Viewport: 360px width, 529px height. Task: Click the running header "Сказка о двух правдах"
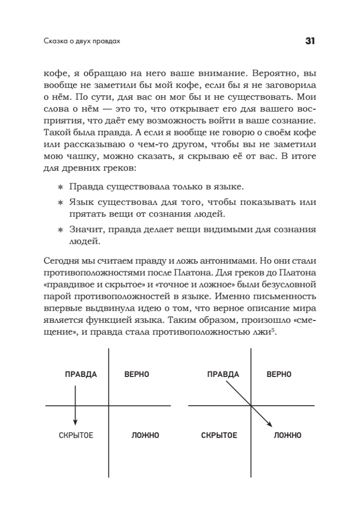point(82,42)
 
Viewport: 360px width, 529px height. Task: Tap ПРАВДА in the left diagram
point(81,374)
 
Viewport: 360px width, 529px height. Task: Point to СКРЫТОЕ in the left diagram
point(76,436)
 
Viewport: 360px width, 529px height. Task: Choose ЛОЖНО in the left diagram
point(145,436)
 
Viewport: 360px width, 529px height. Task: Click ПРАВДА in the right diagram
point(223,374)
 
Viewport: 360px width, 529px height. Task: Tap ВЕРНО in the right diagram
point(279,374)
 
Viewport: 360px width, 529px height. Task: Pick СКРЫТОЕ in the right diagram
point(219,436)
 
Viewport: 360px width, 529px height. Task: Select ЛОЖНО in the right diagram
point(287,436)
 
